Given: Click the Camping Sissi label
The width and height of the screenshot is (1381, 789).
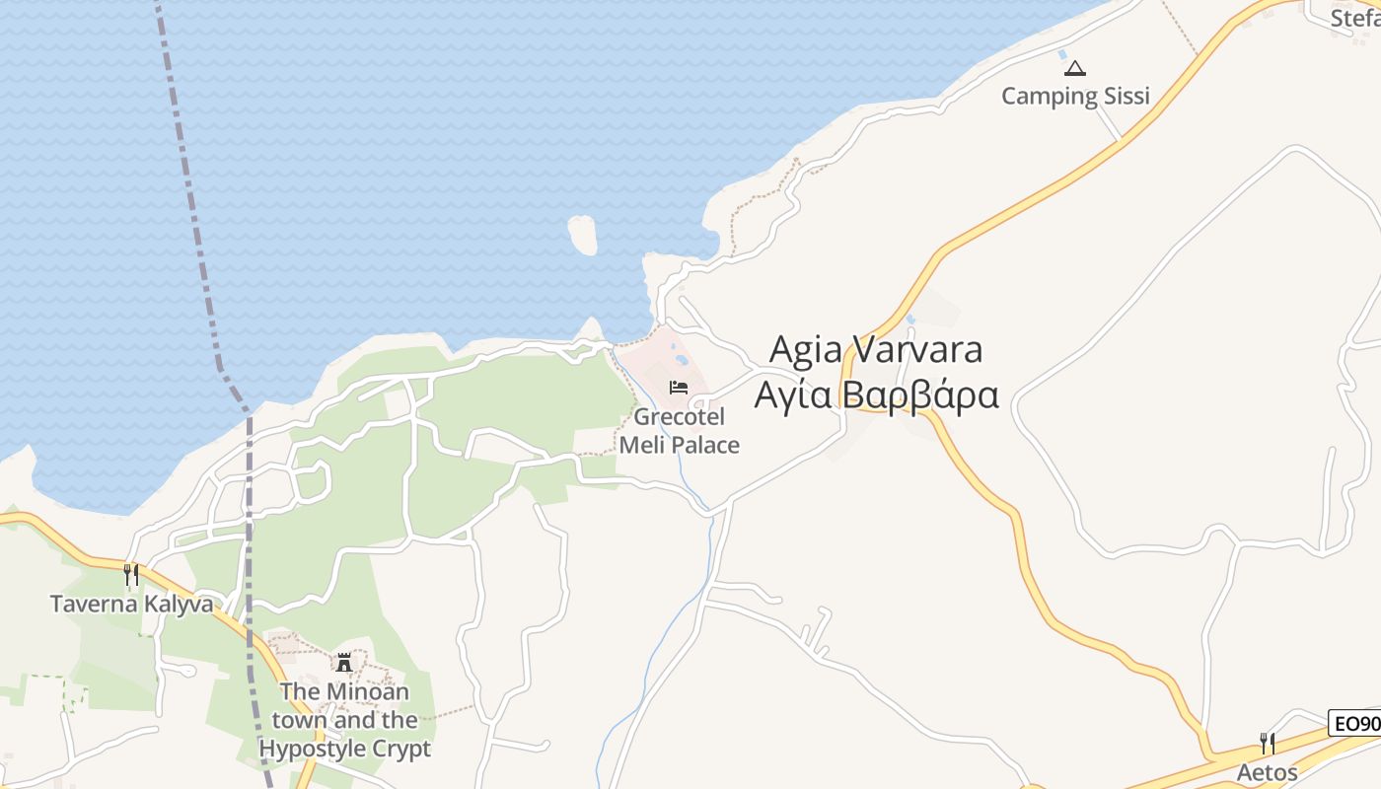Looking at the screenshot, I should tap(1075, 96).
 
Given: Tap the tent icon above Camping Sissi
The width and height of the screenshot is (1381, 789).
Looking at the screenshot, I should tap(1075, 68).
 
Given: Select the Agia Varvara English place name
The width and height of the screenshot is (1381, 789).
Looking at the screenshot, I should tap(875, 349).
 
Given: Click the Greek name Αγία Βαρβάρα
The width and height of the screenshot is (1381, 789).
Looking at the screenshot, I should tap(876, 394).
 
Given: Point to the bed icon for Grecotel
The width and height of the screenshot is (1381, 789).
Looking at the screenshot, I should tap(679, 387).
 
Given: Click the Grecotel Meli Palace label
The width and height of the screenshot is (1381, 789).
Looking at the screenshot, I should tap(680, 431).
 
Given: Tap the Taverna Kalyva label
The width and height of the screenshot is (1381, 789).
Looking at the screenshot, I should tap(131, 604).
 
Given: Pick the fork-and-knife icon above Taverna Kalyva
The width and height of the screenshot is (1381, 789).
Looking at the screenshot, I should tap(131, 574).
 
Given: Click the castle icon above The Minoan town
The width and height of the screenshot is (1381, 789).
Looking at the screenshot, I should tap(344, 662).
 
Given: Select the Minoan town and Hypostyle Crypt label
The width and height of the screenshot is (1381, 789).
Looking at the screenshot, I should tap(344, 720).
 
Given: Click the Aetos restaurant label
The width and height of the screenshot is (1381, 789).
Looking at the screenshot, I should tap(1267, 772).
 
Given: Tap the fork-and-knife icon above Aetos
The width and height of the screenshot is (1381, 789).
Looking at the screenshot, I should tap(1268, 743).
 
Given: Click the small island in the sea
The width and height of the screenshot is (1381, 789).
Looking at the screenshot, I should tap(583, 235).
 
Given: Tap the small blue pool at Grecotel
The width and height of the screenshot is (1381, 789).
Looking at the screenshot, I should tap(681, 361).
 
